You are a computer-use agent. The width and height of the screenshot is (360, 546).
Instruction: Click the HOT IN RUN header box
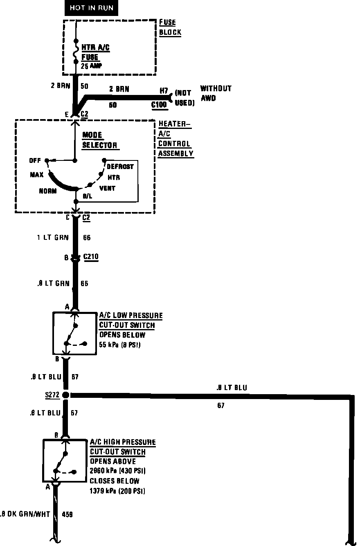click(x=91, y=8)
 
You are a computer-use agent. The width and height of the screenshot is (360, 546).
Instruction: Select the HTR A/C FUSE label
click(x=95, y=52)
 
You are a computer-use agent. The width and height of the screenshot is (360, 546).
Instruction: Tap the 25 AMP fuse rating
click(x=91, y=65)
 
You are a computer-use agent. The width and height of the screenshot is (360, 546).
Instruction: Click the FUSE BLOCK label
click(x=170, y=28)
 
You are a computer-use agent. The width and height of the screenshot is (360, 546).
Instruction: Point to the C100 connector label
click(x=159, y=105)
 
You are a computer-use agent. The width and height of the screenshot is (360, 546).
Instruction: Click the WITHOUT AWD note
click(x=216, y=93)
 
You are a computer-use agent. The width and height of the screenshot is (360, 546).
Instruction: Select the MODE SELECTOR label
click(x=99, y=140)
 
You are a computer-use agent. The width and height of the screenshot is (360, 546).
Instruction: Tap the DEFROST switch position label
click(x=120, y=167)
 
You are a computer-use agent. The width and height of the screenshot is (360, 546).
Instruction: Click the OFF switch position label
click(x=35, y=160)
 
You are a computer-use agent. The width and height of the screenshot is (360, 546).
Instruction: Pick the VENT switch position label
click(x=107, y=188)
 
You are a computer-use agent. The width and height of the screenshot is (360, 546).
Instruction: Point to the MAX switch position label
click(x=37, y=175)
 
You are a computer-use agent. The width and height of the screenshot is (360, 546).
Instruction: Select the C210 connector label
click(x=91, y=257)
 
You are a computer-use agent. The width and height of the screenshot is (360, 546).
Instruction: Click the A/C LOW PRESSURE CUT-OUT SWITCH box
click(x=74, y=333)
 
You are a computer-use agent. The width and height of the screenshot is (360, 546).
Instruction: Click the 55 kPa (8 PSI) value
click(x=120, y=345)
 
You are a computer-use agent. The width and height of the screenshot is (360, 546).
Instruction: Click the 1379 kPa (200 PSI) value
click(x=117, y=491)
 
